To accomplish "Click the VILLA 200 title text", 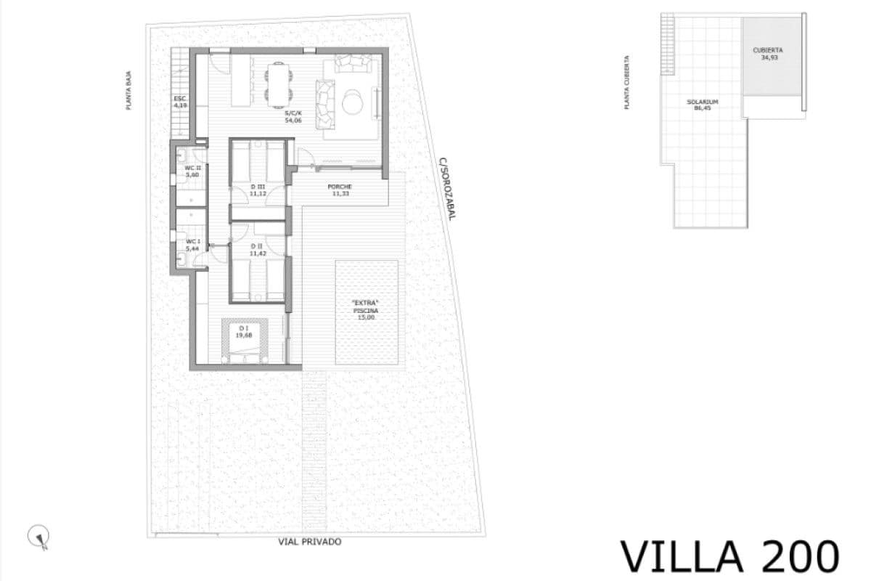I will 729,556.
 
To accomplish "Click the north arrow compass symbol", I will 38,537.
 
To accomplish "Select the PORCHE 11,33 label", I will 340,190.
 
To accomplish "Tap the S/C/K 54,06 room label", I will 293,117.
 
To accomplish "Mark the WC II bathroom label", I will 192,171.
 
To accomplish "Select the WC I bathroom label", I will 192,245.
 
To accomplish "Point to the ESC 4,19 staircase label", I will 180,102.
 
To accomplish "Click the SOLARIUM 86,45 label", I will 702,105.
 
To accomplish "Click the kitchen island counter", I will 240,80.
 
